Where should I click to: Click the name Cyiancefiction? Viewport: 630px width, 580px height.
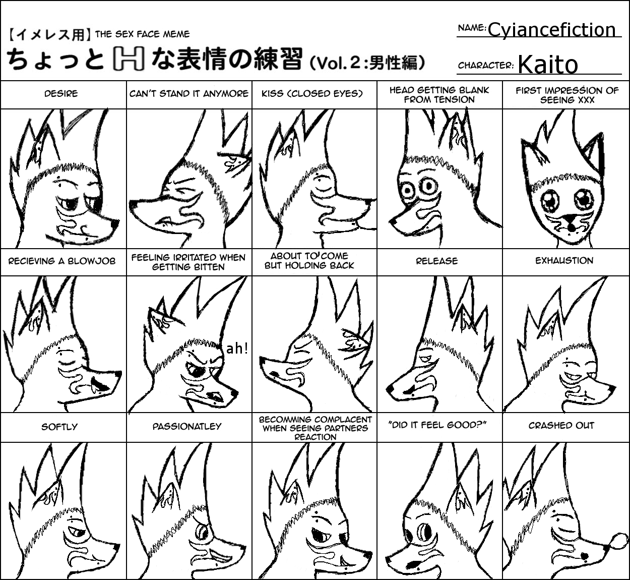coord(551,30)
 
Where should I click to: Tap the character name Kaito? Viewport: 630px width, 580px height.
coord(548,65)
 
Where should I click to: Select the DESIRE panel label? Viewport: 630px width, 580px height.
coord(61,94)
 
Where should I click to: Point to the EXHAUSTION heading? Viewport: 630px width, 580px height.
coord(564,261)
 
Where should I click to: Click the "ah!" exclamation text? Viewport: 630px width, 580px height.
coord(237,349)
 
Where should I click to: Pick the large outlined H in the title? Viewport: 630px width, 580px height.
coord(129,59)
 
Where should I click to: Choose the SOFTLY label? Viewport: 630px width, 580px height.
coord(59,427)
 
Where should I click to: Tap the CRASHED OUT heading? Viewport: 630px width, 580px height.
coord(561,426)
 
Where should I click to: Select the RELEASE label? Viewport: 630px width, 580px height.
coord(436,261)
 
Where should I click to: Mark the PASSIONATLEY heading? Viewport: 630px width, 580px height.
coord(187,427)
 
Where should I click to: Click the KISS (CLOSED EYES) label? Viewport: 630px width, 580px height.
coord(312,94)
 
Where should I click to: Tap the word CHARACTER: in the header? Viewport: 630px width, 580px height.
coord(486,66)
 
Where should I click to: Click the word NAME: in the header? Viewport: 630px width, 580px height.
coord(472,28)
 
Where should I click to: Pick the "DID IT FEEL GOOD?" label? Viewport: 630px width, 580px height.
coord(437,425)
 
